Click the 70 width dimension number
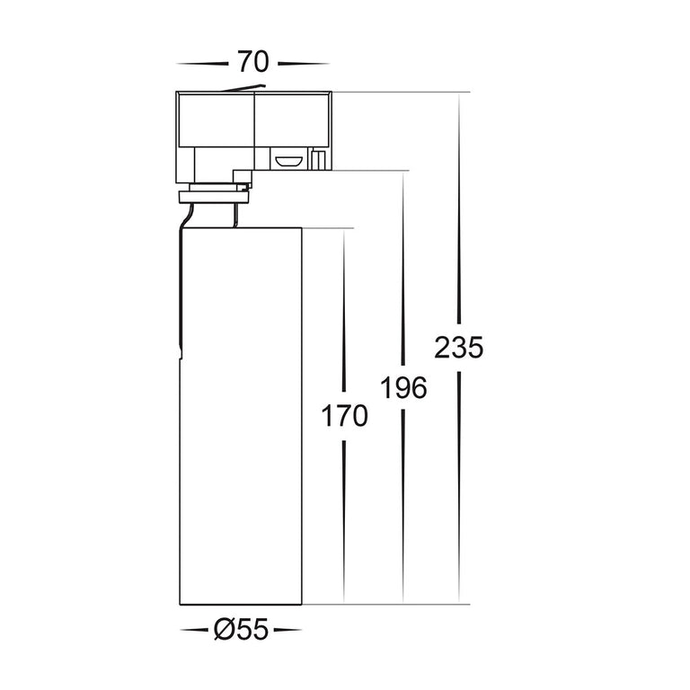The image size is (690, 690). coord(253,62)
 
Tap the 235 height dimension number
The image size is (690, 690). coord(458,348)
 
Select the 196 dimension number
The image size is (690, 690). coord(403,388)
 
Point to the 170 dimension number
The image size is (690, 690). coord(345,416)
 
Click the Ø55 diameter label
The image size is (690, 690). coord(241,629)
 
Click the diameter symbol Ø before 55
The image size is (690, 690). coord(225,629)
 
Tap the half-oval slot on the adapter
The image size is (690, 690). coord(288,160)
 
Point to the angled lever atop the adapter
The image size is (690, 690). coord(243,88)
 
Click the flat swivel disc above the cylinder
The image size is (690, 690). coord(214,197)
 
